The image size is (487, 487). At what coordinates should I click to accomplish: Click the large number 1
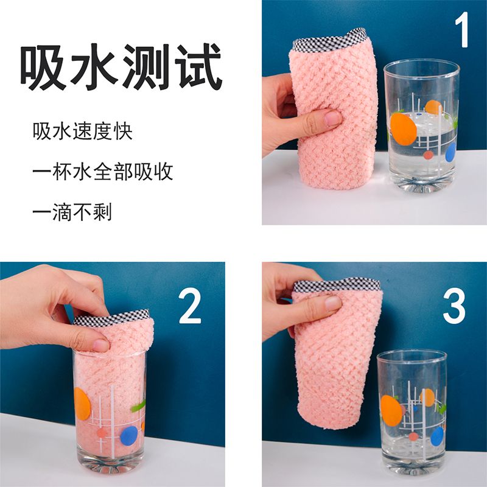(x=462, y=30)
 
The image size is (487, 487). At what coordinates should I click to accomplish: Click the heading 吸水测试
(x=121, y=67)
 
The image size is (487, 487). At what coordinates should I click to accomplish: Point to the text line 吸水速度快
(x=83, y=131)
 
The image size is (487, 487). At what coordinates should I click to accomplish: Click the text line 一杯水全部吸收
(x=103, y=172)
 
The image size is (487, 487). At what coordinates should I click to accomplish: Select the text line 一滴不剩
(x=72, y=212)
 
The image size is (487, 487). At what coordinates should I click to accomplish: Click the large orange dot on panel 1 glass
(x=403, y=129)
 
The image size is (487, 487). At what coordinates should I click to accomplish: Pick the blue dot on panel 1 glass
(x=450, y=152)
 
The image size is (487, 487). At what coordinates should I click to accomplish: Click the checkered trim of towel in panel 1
(x=329, y=40)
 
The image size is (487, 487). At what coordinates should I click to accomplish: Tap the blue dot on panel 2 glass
(x=129, y=435)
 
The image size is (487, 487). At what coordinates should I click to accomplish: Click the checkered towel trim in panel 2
(x=112, y=318)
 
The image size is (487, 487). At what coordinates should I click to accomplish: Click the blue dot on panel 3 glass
(x=437, y=436)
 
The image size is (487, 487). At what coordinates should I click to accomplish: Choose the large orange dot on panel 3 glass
(x=391, y=410)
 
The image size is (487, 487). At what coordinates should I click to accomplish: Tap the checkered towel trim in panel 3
(x=337, y=285)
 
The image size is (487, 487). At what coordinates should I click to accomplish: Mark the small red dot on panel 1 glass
(x=429, y=155)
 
